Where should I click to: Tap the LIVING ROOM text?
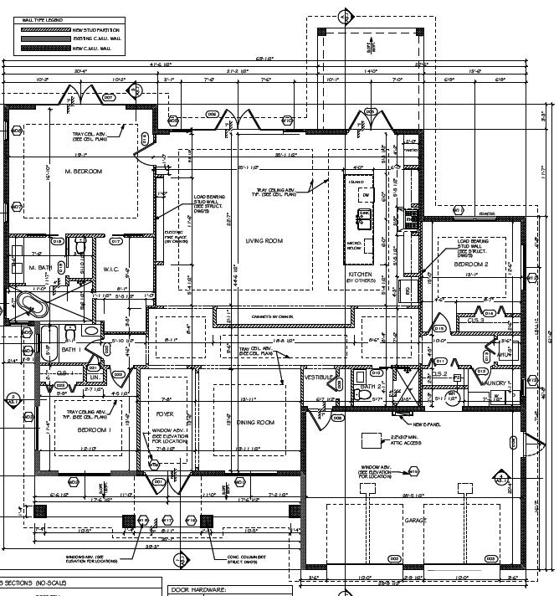[x=264, y=241]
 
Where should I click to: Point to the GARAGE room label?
[x=416, y=520]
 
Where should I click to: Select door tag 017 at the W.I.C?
[x=115, y=241]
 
